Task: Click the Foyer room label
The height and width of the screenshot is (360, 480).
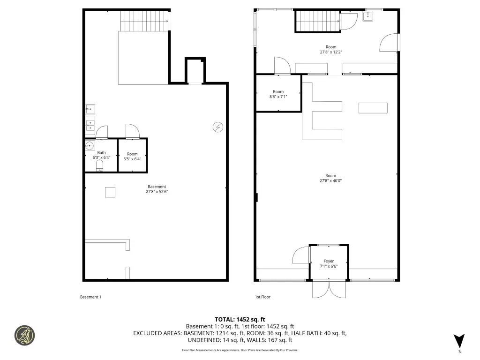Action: point(329,261)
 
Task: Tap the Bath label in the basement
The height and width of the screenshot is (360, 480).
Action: point(101,152)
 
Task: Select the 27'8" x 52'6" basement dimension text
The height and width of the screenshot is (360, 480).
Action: point(157,192)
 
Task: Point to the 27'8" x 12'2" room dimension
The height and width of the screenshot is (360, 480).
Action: point(331,52)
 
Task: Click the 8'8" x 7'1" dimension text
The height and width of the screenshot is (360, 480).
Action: point(278,97)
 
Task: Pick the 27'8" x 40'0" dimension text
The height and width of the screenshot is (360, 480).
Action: point(330,180)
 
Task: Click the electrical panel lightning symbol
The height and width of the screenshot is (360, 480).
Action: point(218,127)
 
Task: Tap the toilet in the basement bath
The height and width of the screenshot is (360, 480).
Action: point(99,165)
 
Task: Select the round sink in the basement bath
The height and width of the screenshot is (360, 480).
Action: point(90,145)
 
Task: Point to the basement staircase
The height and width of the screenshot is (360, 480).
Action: point(144,21)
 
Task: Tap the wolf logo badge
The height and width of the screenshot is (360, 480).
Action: point(24,335)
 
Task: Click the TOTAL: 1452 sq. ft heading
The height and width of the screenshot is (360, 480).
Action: point(240,320)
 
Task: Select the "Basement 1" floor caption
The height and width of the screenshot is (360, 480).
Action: point(90,297)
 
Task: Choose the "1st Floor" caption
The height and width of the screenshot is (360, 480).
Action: point(262,297)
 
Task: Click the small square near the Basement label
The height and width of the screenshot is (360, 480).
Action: point(110,192)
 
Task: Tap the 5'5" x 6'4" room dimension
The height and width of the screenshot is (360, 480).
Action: point(132,159)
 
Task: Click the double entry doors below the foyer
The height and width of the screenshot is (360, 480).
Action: point(329,289)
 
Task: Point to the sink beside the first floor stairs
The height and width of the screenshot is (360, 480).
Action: point(367,16)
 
